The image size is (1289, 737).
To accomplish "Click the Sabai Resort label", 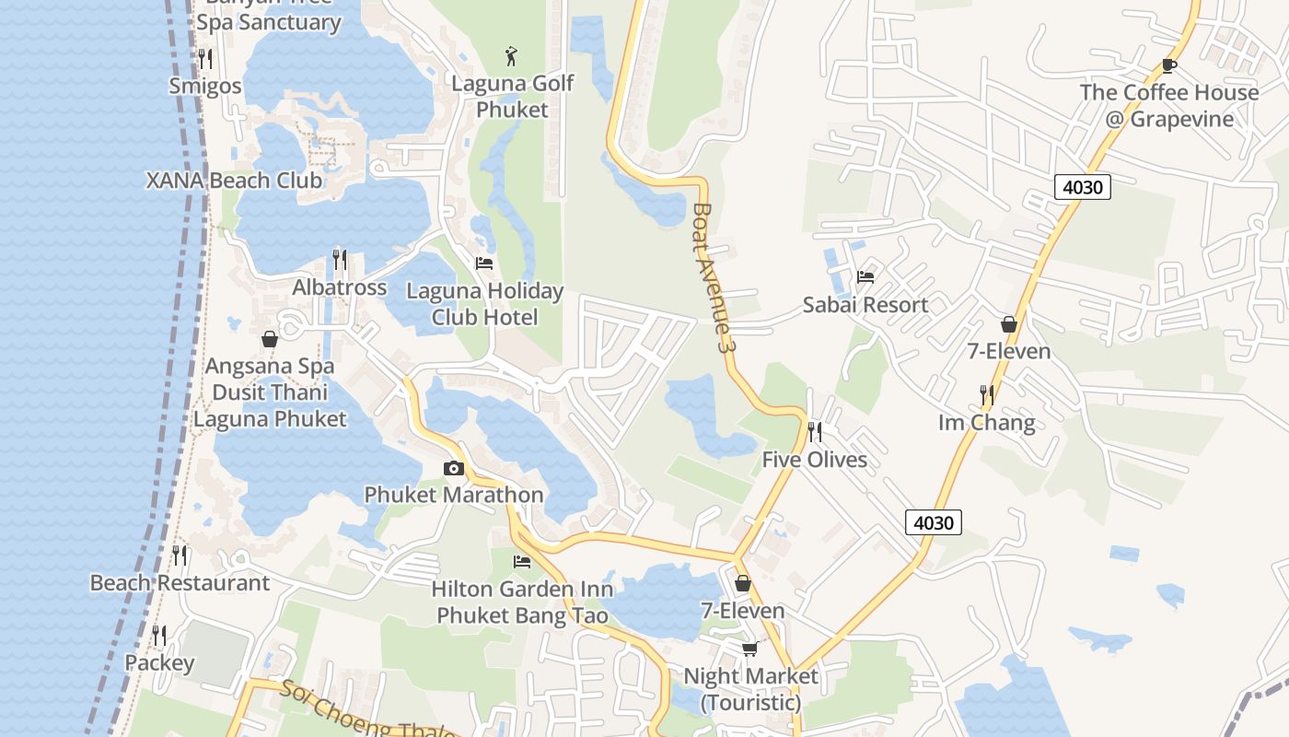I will (x=865, y=305).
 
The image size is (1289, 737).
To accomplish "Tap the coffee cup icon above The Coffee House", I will (x=1168, y=65).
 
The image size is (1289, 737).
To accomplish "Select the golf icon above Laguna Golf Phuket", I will (x=512, y=55).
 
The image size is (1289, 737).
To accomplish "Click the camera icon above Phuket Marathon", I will (x=453, y=469).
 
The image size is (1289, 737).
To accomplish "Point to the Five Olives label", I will (x=814, y=460).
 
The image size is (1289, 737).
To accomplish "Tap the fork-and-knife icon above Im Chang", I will (x=986, y=395).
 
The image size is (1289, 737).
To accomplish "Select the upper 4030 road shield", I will (x=1082, y=187).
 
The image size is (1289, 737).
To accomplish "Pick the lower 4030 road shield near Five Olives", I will (x=934, y=522).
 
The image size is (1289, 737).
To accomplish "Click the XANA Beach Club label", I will (x=234, y=180).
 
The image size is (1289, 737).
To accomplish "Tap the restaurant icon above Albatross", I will (x=340, y=260).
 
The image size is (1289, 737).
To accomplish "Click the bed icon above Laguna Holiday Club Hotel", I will (x=484, y=263).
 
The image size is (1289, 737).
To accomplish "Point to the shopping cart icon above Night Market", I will (x=750, y=649).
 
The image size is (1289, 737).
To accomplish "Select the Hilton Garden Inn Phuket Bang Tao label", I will (x=522, y=602).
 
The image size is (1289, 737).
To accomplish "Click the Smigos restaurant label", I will (x=205, y=86).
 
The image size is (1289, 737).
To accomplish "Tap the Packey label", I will (x=159, y=663).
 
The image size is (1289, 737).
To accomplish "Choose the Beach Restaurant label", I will (x=180, y=583).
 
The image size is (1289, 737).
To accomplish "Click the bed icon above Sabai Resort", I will (x=865, y=276).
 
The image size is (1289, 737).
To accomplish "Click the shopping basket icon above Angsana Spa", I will (x=270, y=339).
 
